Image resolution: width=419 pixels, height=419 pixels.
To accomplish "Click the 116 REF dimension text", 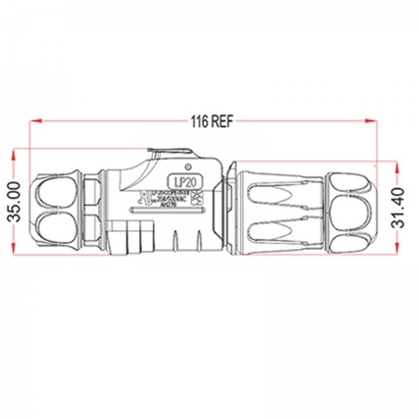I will (212, 120).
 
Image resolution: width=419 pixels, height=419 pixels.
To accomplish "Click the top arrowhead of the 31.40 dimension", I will (396, 167).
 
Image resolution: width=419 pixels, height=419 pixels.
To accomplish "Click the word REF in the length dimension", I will (223, 120).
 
